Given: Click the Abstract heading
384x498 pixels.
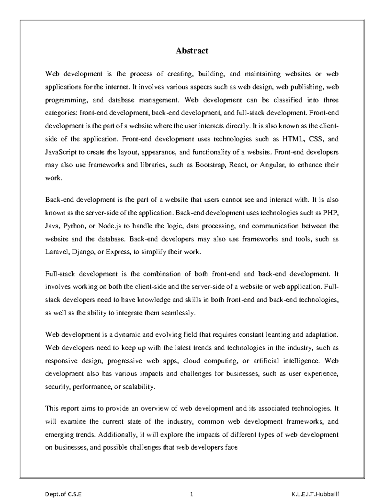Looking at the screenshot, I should [x=192, y=51].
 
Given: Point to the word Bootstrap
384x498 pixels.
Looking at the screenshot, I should [x=210, y=165].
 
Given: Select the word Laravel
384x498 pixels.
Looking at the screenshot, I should [x=57, y=252].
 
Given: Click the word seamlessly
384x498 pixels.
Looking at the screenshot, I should [x=179, y=313].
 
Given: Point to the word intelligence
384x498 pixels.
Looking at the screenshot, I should [x=301, y=361].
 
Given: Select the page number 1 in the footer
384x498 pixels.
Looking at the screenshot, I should [x=192, y=494].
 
